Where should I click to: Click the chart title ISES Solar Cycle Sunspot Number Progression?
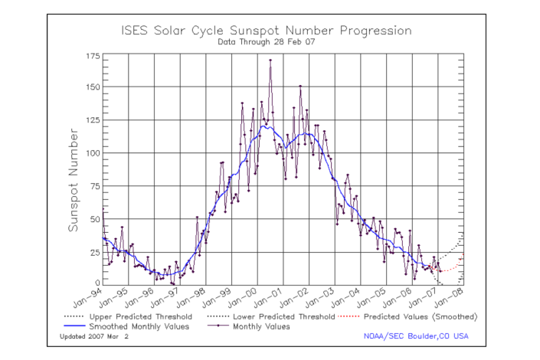[x=267, y=31]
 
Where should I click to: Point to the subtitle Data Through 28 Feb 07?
[x=267, y=42]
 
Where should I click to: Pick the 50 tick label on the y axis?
[x=92, y=219]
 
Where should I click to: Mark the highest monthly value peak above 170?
[x=270, y=61]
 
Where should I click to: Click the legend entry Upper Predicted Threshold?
[x=134, y=316]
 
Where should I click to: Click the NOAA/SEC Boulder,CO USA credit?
[x=417, y=336]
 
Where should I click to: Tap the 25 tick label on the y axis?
[x=92, y=252]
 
